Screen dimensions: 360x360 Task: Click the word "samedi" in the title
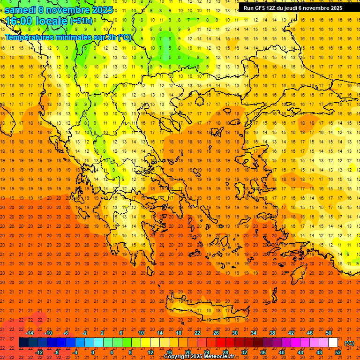[x=20, y=10]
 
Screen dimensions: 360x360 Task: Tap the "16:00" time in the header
[x=18, y=21]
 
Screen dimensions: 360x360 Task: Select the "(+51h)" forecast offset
[x=81, y=21]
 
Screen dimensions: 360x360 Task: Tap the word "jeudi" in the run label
[x=297, y=8]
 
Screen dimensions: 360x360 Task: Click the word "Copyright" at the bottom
[x=178, y=357]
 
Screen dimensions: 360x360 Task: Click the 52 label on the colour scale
[x=338, y=352]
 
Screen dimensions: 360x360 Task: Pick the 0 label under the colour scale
[x=93, y=352]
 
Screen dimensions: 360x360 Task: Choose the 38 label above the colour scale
[x=272, y=333]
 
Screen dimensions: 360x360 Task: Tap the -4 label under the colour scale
[x=75, y=352]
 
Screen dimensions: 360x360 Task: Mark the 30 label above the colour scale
[x=234, y=333]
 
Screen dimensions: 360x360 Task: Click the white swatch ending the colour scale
[x=333, y=343]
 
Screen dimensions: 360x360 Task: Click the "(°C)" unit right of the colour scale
[x=349, y=343]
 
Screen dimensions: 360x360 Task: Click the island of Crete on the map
[x=206, y=310]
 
